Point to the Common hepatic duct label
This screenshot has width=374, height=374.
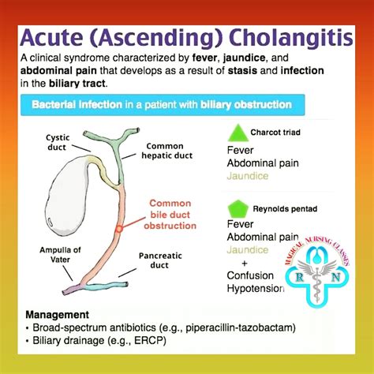pyautogui.click(x=164, y=151)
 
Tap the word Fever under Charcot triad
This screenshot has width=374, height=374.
pyautogui.click(x=239, y=149)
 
